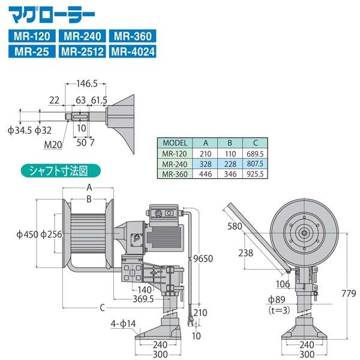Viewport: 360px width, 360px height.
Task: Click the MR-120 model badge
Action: click(x=34, y=36)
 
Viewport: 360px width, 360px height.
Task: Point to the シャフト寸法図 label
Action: click(x=61, y=170)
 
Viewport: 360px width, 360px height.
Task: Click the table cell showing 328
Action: click(x=205, y=164)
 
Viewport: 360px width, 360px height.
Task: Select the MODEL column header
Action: click(x=176, y=143)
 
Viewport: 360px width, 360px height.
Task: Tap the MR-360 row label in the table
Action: click(x=176, y=174)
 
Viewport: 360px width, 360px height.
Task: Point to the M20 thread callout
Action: click(x=53, y=144)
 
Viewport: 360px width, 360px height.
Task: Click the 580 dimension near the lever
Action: click(x=235, y=226)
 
